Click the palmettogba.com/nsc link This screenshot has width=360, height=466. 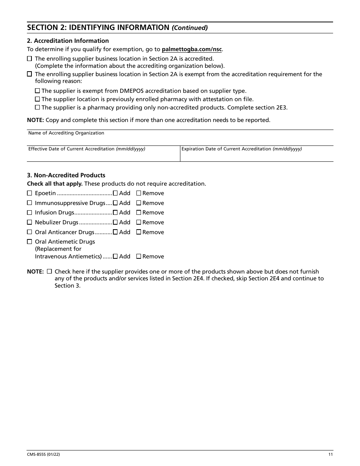(x=191, y=49)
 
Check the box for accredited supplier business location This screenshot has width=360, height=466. (x=30, y=59)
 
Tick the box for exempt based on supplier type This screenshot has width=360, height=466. (x=37, y=91)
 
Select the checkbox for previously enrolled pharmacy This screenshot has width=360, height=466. (x=37, y=99)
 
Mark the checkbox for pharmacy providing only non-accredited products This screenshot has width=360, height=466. (x=37, y=107)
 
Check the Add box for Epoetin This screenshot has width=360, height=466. (x=115, y=193)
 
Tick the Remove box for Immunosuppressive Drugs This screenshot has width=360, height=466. (x=139, y=203)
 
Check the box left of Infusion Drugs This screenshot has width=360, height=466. (x=30, y=213)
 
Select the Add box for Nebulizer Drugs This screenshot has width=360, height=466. (x=115, y=222)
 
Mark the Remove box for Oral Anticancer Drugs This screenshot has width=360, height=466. (x=139, y=232)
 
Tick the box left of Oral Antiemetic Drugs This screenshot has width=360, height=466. (x=30, y=242)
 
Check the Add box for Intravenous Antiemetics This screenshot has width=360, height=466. (x=115, y=256)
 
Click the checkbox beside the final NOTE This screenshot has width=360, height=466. (x=49, y=271)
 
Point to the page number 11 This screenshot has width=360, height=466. (x=330, y=455)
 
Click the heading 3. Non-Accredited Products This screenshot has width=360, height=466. (x=66, y=175)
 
